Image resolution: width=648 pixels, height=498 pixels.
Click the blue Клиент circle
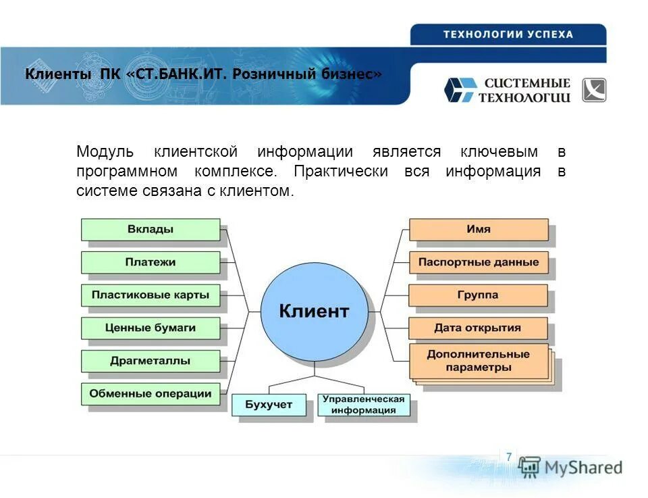(315, 311)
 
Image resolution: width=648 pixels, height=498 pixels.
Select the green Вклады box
(151, 229)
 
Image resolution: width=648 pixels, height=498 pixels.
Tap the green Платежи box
(151, 262)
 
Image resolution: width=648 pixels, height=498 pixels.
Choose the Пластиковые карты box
(151, 295)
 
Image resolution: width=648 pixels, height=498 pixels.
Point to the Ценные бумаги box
(151, 328)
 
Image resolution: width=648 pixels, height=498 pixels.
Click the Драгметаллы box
(151, 361)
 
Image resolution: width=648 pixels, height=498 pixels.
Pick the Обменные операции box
(151, 393)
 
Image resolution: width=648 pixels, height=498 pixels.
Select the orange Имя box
(479, 229)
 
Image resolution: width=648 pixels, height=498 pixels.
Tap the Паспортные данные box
(479, 262)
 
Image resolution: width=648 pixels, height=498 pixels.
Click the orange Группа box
(479, 295)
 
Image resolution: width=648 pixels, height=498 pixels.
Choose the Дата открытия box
(479, 328)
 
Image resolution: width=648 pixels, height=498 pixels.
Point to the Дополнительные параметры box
(479, 361)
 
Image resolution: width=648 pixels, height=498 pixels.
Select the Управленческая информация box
(363, 405)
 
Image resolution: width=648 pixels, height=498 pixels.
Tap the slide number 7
(508, 457)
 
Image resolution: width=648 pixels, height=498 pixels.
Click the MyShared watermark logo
(571, 467)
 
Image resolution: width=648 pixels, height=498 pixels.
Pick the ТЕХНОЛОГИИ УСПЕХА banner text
(508, 34)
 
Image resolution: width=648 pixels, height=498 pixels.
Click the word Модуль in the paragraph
(105, 151)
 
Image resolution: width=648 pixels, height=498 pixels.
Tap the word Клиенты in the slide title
(57, 74)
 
